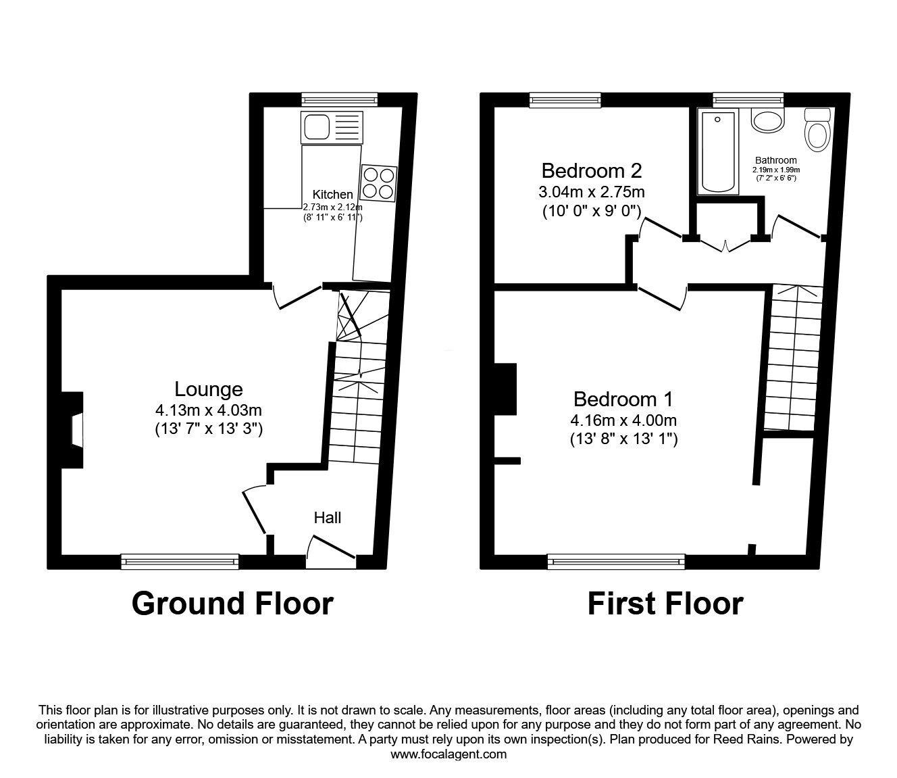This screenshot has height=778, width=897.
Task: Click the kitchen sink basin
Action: pyautogui.click(x=316, y=126)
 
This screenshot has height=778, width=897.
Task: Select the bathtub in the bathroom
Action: pyautogui.click(x=718, y=151)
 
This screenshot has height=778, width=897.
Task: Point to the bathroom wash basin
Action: pyautogui.click(x=768, y=120)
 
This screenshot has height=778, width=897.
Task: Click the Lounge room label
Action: pyautogui.click(x=208, y=389)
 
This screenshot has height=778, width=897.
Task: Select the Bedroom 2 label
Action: pyautogui.click(x=592, y=171)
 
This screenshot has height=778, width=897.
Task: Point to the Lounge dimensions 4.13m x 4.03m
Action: pyautogui.click(x=208, y=410)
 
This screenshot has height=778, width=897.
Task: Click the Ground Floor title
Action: pyautogui.click(x=232, y=604)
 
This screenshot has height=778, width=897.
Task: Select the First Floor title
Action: pyautogui.click(x=665, y=604)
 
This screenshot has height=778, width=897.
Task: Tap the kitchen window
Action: pyautogui.click(x=340, y=99)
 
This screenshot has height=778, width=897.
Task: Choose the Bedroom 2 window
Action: pyautogui.click(x=565, y=99)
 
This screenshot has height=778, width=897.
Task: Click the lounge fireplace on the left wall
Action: pyautogui.click(x=72, y=430)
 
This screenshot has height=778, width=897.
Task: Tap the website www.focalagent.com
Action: pyautogui.click(x=448, y=754)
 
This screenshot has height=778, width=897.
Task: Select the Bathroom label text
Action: pyautogui.click(x=776, y=160)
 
